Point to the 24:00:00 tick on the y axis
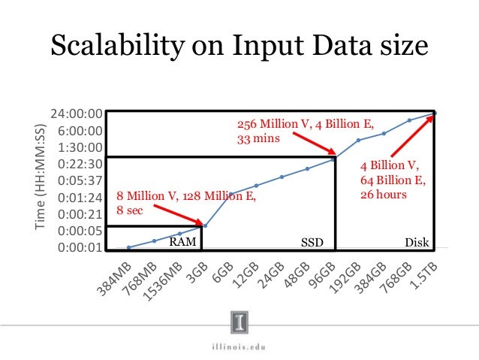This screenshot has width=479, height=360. click(x=76, y=114)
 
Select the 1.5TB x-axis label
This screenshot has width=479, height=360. click(x=424, y=272)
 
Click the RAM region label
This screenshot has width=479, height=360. click(x=181, y=243)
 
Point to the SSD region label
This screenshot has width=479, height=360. click(x=312, y=243)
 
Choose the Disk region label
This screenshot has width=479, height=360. click(x=417, y=243)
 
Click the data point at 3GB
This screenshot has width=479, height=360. click(x=205, y=225)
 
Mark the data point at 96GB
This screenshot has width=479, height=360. click(x=333, y=159)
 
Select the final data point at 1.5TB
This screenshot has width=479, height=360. click(x=435, y=113)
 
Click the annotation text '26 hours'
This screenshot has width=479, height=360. click(x=383, y=194)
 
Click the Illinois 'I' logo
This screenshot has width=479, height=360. click(x=239, y=322)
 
